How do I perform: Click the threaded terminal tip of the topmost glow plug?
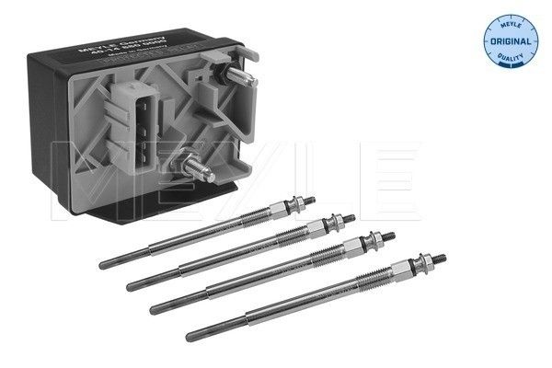point(308,201)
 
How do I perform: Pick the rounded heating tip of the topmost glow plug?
point(103,265)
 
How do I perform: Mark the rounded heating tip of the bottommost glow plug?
point(190,332)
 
